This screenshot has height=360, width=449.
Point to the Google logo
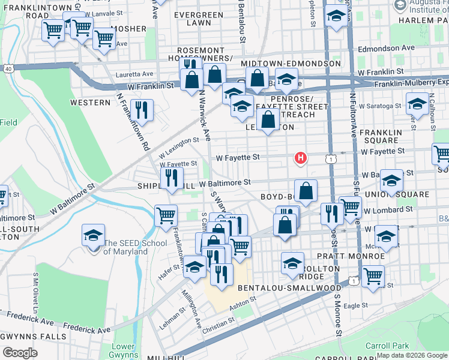[x=20, y=352]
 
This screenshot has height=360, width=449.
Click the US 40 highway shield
[x=8, y=69]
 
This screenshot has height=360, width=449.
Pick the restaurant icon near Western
[x=142, y=110]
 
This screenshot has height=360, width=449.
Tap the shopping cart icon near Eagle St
[x=373, y=277]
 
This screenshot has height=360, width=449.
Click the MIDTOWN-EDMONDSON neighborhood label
[x=291, y=64]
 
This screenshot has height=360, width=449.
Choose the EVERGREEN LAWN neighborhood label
[x=193, y=18]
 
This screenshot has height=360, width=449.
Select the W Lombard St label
[x=390, y=210]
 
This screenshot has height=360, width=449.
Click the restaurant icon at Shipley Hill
[x=172, y=178]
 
